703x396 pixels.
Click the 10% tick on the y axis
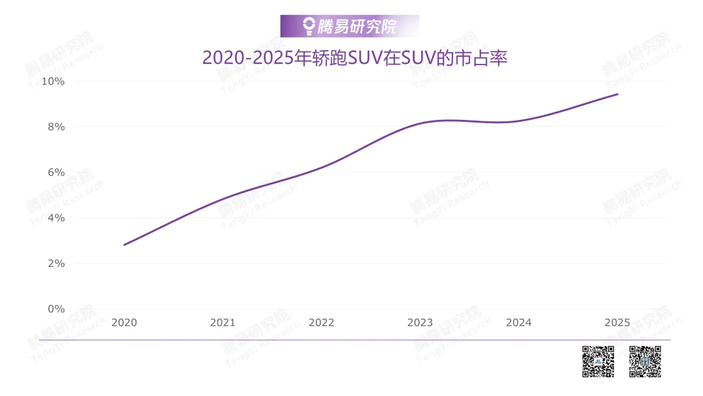coord(53,81)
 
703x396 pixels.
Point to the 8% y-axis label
coord(56,127)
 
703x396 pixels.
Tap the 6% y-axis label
coord(56,172)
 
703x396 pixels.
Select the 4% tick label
coord(56,218)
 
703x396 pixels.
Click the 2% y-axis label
coord(56,263)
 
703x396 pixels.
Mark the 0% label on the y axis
coord(56,309)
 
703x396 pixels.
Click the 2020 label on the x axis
coord(124,322)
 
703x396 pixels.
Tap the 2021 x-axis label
coord(223,322)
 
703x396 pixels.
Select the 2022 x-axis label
coord(322,322)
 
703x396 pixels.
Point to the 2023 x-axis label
coord(420,322)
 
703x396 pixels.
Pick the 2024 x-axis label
coord(519,322)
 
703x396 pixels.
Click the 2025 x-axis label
coord(617,322)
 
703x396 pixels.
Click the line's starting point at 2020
coord(124,245)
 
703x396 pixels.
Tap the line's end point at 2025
coord(618,94)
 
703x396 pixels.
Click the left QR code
coord(598,361)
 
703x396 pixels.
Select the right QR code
coord(645,361)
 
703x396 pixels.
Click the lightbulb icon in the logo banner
coord(309,26)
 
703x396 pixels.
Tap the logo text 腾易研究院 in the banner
coord(357,27)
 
